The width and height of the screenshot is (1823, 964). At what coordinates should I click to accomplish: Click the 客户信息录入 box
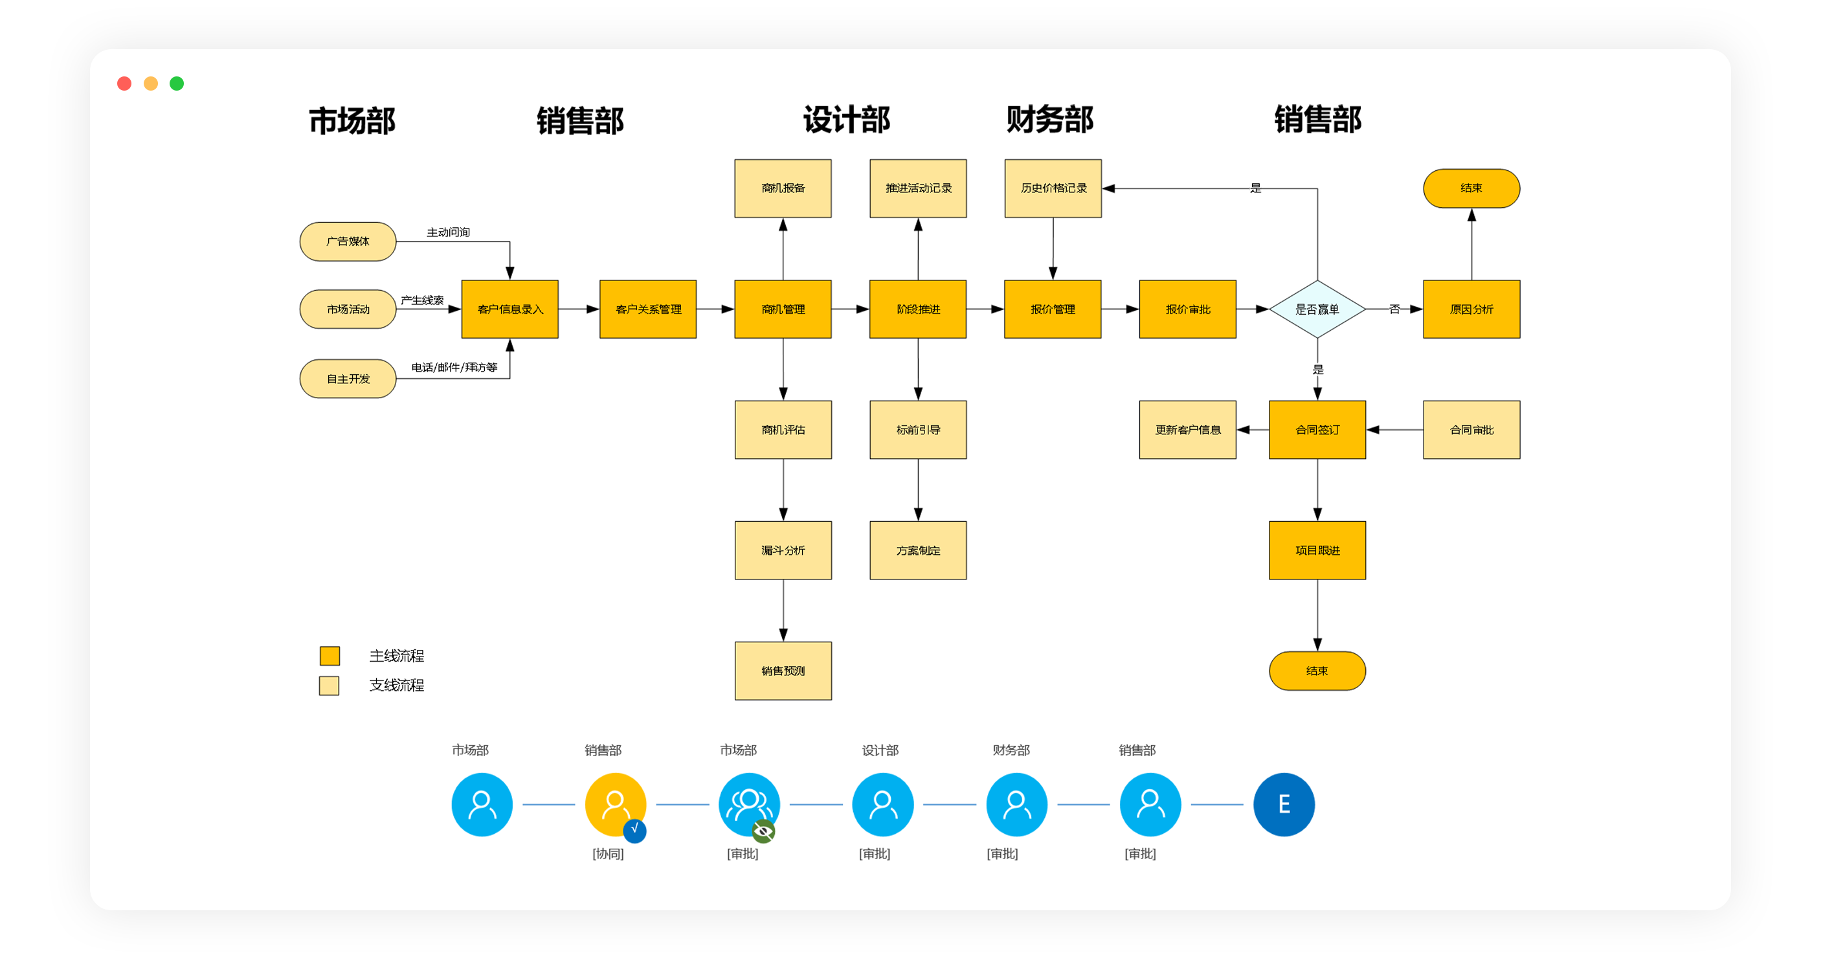click(x=509, y=309)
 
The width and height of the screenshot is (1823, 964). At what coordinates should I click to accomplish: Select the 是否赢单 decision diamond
click(x=1316, y=309)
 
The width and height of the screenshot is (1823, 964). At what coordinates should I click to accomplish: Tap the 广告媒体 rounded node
click(x=348, y=241)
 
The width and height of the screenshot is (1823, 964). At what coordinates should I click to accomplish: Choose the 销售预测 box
click(x=783, y=671)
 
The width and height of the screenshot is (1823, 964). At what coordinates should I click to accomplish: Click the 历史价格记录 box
click(x=1053, y=188)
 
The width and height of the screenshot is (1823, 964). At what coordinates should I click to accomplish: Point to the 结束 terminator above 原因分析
click(x=1471, y=188)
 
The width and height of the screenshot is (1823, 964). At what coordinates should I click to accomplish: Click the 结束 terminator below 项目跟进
click(x=1316, y=671)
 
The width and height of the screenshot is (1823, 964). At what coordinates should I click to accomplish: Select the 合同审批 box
click(x=1471, y=430)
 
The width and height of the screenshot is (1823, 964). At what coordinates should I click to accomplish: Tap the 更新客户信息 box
click(x=1187, y=430)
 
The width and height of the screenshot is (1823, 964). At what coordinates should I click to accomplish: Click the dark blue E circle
click(x=1283, y=804)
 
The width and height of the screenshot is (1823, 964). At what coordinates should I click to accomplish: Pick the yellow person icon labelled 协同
click(x=614, y=803)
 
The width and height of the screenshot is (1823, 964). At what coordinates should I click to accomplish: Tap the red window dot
click(x=124, y=84)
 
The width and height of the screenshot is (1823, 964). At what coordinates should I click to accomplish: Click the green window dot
click(x=177, y=84)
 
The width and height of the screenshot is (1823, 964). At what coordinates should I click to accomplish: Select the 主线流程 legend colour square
click(x=330, y=656)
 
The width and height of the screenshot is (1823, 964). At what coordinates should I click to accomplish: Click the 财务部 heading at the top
click(x=1049, y=120)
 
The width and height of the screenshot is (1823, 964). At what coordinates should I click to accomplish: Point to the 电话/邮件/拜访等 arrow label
click(x=454, y=367)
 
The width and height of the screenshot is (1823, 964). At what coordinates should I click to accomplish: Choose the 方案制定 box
click(x=918, y=551)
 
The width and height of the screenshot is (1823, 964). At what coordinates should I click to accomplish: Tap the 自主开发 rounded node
click(x=348, y=379)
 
